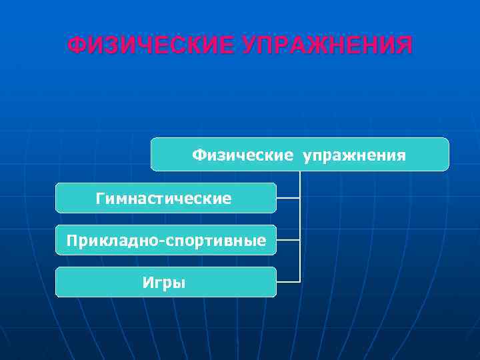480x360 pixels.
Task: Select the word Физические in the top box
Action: [x=243, y=155]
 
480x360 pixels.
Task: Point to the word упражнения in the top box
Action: [x=354, y=156]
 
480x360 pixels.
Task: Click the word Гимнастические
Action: [x=164, y=198]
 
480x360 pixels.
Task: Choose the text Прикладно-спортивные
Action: [x=166, y=240]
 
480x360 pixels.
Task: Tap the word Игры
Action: [x=164, y=283]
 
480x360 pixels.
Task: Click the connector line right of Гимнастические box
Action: [x=288, y=198]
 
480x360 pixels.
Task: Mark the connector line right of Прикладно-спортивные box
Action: [x=288, y=240]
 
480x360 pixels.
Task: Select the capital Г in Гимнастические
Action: [x=100, y=198]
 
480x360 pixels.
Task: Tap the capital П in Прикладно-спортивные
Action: [x=71, y=240]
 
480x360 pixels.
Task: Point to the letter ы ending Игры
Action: [x=180, y=283]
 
